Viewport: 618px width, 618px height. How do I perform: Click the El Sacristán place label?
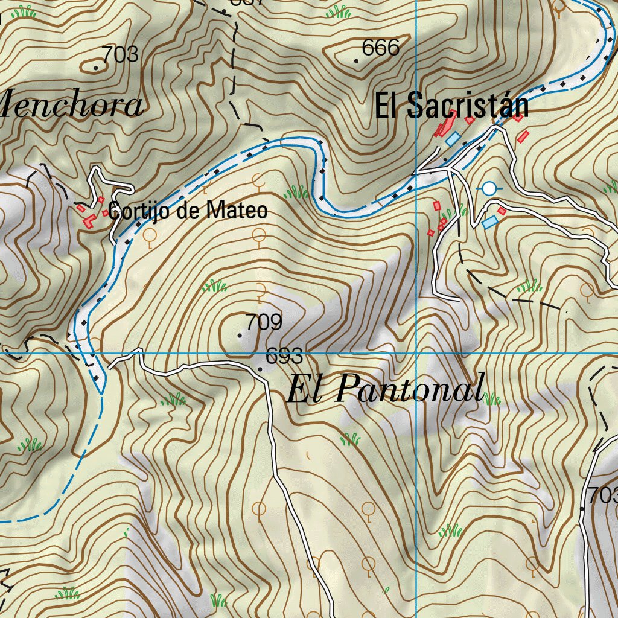(451, 106)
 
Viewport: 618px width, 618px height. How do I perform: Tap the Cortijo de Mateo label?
(187, 211)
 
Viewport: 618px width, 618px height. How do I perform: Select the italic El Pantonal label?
(385, 388)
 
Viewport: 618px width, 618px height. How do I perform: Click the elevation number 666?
(380, 48)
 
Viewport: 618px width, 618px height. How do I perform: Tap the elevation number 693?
(284, 357)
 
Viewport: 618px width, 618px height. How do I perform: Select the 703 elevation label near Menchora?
(120, 55)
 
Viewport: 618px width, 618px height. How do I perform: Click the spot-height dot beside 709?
(240, 336)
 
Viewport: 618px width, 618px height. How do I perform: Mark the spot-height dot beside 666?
(357, 62)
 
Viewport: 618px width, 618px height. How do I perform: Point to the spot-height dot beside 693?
(260, 369)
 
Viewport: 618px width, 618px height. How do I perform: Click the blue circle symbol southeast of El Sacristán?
(489, 189)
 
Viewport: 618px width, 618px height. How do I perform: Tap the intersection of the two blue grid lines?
(416, 353)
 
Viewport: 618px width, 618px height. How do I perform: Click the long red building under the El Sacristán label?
(445, 124)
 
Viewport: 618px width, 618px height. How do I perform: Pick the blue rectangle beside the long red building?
(453, 138)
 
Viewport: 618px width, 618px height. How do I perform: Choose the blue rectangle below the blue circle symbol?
(489, 223)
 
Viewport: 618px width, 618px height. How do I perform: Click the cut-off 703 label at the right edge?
(603, 495)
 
